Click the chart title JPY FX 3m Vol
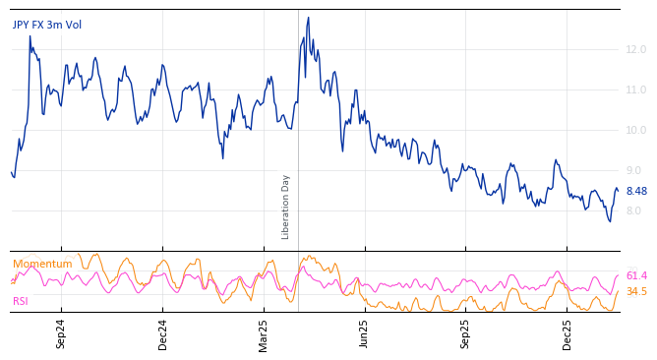[x=47, y=25]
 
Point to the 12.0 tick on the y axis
[x=636, y=49]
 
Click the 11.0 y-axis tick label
[x=636, y=90]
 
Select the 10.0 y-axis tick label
[x=636, y=130]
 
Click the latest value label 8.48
[x=636, y=192]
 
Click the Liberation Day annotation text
[x=286, y=207]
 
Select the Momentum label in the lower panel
[x=42, y=265]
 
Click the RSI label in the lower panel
[x=21, y=301]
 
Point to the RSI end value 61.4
[x=636, y=276]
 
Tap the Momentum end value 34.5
[x=636, y=292]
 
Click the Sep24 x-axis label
[x=61, y=333]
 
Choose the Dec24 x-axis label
[x=163, y=333]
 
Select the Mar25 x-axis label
[x=264, y=333]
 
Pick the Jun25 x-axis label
[x=365, y=333]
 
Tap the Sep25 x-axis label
[x=466, y=333]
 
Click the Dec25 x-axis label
[x=567, y=333]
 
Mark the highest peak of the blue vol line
[x=308, y=18]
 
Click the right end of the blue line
[x=618, y=191]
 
